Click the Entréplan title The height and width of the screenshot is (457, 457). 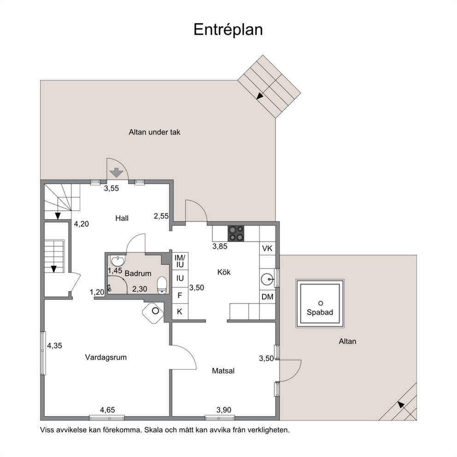tap(228, 29)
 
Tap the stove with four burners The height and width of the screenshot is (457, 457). tap(236, 234)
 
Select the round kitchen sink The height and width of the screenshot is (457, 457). tap(267, 279)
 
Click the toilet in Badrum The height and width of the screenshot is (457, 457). tap(162, 285)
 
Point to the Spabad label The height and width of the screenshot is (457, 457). tap(320, 312)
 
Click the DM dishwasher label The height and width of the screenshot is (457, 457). tap(267, 297)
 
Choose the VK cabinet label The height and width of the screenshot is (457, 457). tap(267, 248)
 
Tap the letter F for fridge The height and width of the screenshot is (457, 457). tap(180, 295)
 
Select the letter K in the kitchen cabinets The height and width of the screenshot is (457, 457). tap(180, 311)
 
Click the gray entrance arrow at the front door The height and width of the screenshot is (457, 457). tap(116, 173)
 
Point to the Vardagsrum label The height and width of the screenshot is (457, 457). tap(106, 357)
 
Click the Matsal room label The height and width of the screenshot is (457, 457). tap(223, 371)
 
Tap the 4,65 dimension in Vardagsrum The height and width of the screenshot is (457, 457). tap(107, 410)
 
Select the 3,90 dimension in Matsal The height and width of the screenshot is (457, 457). tap(224, 410)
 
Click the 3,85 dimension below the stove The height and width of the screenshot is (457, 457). tap(220, 246)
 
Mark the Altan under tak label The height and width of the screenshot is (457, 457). tap(154, 132)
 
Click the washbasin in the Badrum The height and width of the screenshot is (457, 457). tap(118, 260)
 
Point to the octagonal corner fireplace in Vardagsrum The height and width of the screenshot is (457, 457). tap(153, 313)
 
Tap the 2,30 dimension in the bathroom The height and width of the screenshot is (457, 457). tap(140, 289)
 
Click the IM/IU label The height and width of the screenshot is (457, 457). tap(180, 261)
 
